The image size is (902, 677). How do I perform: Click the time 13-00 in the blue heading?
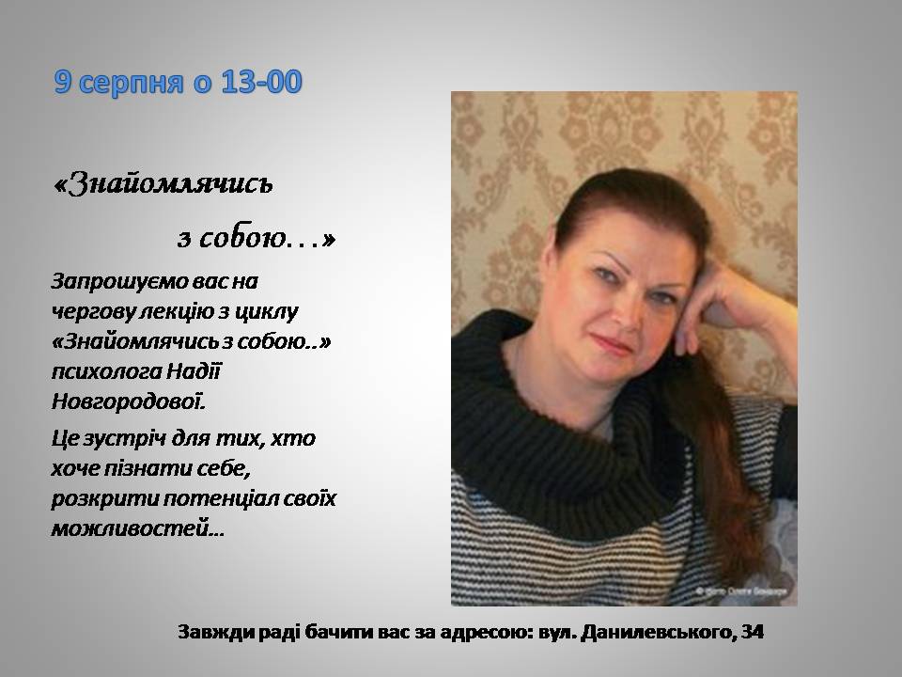[x=262, y=82]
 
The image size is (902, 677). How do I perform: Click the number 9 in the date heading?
[x=63, y=82]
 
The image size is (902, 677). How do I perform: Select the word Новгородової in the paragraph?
[x=129, y=401]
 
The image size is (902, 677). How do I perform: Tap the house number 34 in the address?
[x=753, y=632]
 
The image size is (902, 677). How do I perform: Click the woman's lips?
[x=610, y=345]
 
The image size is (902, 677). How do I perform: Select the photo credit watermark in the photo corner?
[x=741, y=590]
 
